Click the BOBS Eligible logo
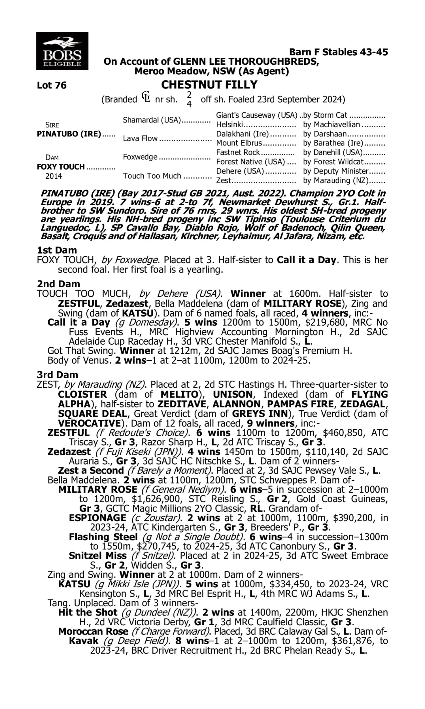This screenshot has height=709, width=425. pos(62,51)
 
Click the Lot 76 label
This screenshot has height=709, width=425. pos(52,85)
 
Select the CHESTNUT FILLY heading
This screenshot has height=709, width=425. pos(209,85)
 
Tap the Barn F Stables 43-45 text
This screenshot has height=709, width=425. pos(338,52)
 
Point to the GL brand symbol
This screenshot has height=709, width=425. pos(146,97)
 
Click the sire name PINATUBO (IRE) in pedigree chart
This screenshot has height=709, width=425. pos(69,134)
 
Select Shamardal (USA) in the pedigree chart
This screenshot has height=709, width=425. pos(152,120)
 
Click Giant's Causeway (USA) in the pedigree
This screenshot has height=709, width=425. pos(256,115)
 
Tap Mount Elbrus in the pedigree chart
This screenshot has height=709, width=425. pos(239,143)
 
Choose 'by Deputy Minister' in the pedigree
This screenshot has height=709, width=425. pos(336,171)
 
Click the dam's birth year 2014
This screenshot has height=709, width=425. pos(54,176)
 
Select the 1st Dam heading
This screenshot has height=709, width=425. pos(57,250)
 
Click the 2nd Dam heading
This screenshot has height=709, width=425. pos(58,284)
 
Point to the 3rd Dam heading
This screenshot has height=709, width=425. pos(58,375)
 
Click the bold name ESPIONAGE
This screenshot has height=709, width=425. pos(97,518)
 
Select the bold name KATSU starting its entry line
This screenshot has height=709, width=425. pos(74,584)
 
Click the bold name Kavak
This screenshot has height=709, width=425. pos(83,640)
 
